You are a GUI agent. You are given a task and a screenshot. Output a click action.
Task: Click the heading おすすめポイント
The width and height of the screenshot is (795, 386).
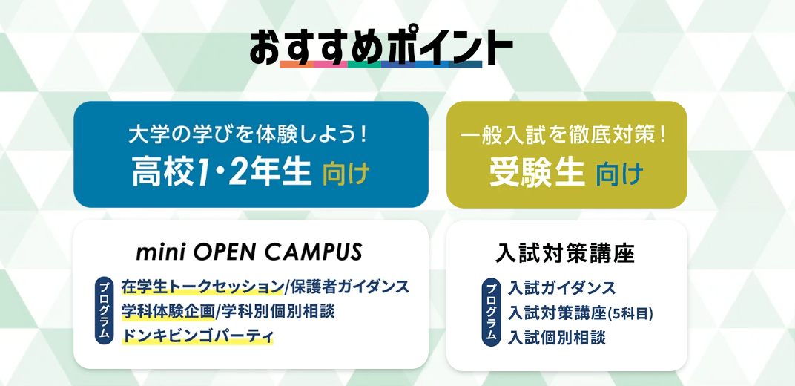[x=380, y=48]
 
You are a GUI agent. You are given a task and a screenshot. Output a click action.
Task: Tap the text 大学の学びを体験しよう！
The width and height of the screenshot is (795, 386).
[x=248, y=136]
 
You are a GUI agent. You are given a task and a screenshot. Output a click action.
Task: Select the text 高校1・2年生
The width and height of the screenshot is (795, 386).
[x=222, y=172]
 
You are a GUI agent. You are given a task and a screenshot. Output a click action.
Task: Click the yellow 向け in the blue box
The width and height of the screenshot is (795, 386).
[x=346, y=174]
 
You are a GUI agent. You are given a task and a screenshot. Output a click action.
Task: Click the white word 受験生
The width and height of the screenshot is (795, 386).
[x=536, y=172]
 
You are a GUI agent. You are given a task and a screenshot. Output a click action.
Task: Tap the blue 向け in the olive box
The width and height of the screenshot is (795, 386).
[x=619, y=174]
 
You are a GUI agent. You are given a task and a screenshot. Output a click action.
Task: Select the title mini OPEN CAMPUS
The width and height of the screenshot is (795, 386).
[x=249, y=251]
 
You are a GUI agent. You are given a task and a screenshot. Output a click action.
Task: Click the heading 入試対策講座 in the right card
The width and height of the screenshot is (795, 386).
[x=565, y=254]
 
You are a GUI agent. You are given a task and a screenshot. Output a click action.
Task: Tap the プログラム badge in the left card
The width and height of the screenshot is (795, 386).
[x=104, y=311]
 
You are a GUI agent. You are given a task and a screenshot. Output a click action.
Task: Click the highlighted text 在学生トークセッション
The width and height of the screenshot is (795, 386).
[x=202, y=287]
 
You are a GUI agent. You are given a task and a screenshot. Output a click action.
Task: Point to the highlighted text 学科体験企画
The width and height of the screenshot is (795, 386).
[x=168, y=312]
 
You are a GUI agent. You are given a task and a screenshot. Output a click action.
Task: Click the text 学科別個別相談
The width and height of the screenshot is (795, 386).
[x=277, y=312]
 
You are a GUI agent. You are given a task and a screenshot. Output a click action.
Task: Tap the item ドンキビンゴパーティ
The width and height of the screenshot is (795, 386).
[x=197, y=336]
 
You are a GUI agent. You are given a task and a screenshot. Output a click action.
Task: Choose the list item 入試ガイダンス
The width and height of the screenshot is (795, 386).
[x=562, y=288]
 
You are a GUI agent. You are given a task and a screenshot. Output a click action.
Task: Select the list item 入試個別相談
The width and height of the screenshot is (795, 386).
[x=557, y=338]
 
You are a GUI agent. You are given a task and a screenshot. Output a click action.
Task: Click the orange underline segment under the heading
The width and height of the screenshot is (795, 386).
[x=297, y=65]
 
